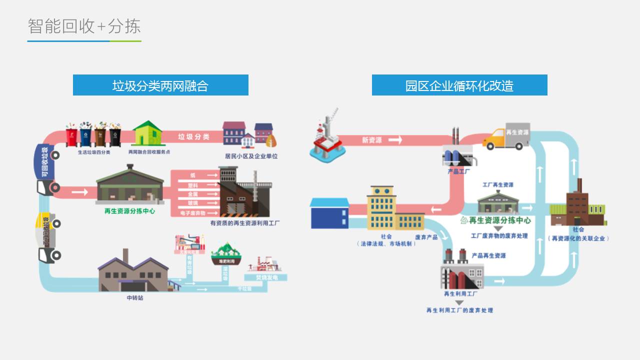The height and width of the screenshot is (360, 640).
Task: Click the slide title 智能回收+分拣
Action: [x=84, y=26]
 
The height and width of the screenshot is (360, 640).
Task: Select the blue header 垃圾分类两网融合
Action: [x=160, y=85]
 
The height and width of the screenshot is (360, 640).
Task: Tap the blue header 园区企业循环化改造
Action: [x=459, y=85]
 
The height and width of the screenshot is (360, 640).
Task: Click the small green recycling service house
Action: [x=148, y=133]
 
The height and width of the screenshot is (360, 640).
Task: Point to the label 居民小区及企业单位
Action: [x=251, y=156]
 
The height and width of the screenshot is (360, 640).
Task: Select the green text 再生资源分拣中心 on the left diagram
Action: [x=129, y=211]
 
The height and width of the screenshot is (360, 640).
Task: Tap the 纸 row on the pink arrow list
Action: [x=193, y=175]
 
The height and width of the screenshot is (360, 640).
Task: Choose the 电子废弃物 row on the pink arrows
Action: [x=193, y=213]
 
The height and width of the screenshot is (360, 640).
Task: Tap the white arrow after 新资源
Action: [x=395, y=140]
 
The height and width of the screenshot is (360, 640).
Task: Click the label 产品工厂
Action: [x=458, y=171]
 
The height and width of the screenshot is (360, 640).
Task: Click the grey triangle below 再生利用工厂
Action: [x=459, y=302]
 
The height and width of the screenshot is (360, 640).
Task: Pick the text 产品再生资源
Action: [x=488, y=256]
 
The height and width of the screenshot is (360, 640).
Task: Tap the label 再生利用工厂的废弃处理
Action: [x=459, y=310]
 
